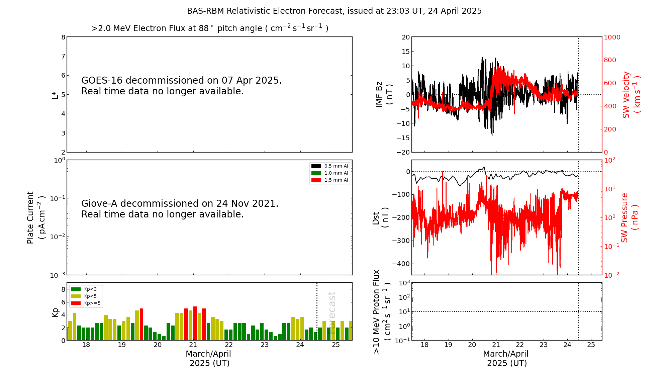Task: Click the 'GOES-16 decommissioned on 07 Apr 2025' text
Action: pyautogui.click(x=181, y=81)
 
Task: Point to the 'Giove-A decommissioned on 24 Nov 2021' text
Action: pyautogui.click(x=180, y=204)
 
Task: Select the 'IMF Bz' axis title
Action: pyautogui.click(x=379, y=94)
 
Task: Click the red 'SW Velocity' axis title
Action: pyautogui.click(x=626, y=94)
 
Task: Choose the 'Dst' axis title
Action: pyautogui.click(x=376, y=218)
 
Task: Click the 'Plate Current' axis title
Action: pyautogui.click(x=30, y=217)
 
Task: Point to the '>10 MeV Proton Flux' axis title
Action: pyautogui.click(x=377, y=312)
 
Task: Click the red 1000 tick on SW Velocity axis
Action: pyautogui.click(x=612, y=37)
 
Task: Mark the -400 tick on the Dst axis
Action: pyautogui.click(x=403, y=264)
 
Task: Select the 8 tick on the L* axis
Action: pyautogui.click(x=63, y=37)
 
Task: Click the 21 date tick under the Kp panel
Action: pyautogui.click(x=193, y=345)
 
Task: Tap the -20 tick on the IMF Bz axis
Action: pyautogui.click(x=403, y=152)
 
